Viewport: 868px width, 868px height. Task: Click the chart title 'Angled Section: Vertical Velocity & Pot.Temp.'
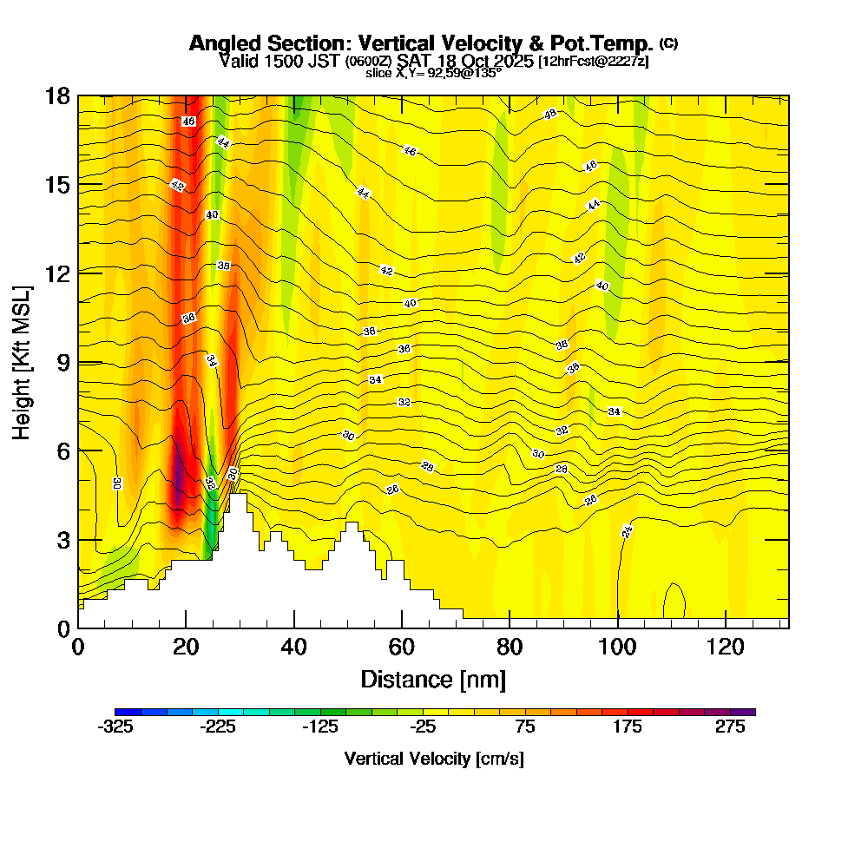click(x=421, y=43)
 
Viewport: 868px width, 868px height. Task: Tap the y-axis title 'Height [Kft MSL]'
click(x=22, y=361)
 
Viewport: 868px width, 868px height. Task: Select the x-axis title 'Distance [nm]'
click(x=433, y=678)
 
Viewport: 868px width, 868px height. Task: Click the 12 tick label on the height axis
click(x=58, y=273)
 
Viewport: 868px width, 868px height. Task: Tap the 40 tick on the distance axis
click(x=294, y=647)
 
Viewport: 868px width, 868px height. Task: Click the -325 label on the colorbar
click(x=116, y=728)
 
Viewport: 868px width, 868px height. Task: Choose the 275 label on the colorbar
click(x=731, y=728)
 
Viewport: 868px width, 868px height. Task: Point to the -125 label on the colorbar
click(x=320, y=728)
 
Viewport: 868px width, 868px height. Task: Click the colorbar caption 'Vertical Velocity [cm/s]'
click(x=433, y=759)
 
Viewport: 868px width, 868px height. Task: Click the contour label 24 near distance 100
click(x=628, y=531)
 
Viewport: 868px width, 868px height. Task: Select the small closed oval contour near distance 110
click(x=674, y=601)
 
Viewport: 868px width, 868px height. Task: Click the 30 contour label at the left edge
click(x=116, y=483)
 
